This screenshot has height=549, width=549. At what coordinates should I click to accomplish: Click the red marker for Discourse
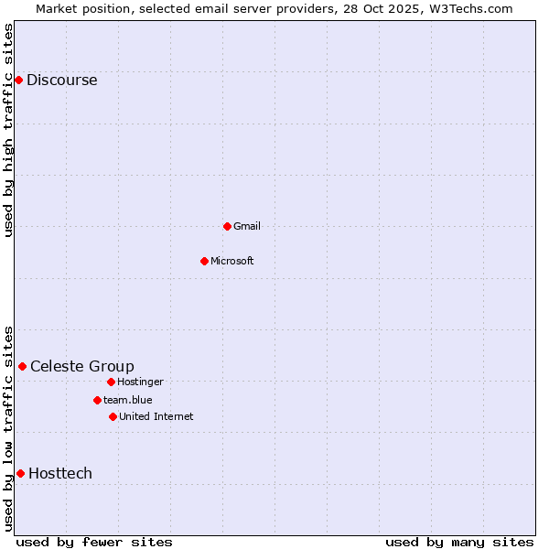18,81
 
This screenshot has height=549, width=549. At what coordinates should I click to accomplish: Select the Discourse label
61,81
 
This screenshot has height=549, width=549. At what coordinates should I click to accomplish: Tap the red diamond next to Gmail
227,226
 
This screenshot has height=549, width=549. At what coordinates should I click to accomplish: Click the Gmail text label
247,226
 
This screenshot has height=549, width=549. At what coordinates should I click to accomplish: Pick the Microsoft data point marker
204,261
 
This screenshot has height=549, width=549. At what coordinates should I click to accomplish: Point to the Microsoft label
231,261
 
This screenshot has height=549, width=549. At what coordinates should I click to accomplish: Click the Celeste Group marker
22,367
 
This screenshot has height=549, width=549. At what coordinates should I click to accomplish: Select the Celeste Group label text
81,367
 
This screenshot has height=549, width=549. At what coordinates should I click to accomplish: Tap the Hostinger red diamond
111,382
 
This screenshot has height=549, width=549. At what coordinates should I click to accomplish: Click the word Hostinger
140,382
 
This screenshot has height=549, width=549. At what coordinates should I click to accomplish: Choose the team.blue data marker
97,400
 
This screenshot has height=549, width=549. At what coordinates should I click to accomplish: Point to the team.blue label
127,400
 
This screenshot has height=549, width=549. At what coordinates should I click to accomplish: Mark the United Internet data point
113,416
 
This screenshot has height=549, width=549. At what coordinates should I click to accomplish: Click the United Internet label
156,416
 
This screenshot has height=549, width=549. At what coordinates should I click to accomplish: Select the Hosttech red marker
20,473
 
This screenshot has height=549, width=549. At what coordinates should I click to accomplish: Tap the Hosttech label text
59,473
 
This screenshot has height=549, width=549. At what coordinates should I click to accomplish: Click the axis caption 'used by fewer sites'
94,542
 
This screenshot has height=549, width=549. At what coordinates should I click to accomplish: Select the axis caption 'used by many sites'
459,542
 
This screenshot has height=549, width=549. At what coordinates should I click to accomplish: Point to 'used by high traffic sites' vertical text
8,130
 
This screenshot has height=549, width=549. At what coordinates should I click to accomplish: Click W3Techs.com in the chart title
469,8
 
